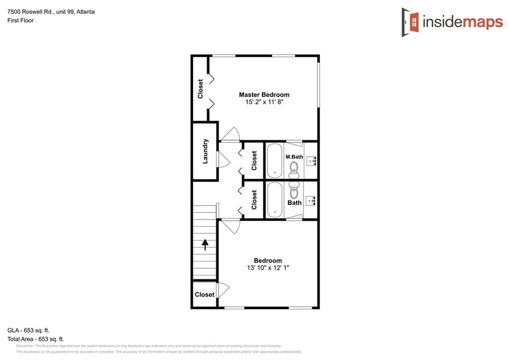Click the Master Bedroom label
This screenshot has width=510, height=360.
point(264,95)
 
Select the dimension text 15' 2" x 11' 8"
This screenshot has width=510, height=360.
point(264,102)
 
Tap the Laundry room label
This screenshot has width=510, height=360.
point(205,151)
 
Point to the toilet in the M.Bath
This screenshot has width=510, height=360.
point(293,171)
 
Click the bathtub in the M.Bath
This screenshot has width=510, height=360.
point(274,160)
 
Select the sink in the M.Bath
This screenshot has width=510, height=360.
point(312,160)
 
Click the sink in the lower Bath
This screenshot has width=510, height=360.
point(312,201)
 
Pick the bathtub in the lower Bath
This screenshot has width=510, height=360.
point(274,200)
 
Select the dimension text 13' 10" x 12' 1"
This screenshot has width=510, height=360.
point(268,267)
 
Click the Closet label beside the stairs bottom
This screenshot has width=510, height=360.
point(204,294)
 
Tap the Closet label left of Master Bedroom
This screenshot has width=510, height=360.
point(200,89)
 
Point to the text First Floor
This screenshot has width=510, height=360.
point(20,20)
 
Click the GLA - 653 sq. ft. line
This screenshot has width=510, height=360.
point(28,330)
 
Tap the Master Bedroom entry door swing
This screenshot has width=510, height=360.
point(231,134)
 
